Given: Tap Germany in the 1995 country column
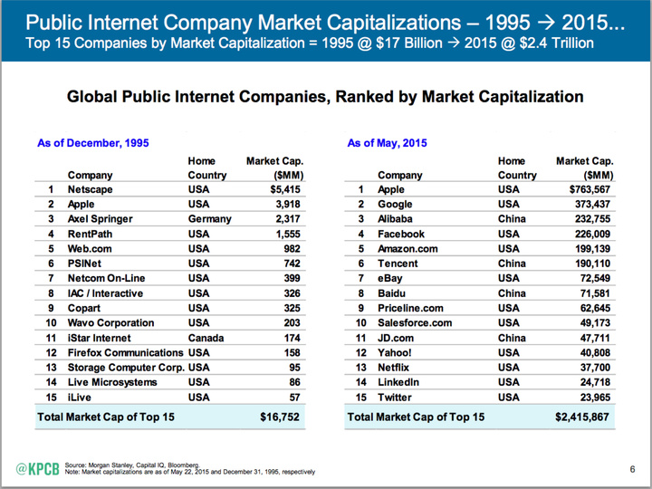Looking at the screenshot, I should point(210,219).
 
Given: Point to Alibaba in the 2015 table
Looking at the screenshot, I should point(399,219).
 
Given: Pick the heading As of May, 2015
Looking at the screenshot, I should point(388,143).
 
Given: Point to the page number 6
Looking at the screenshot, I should point(631,468).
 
